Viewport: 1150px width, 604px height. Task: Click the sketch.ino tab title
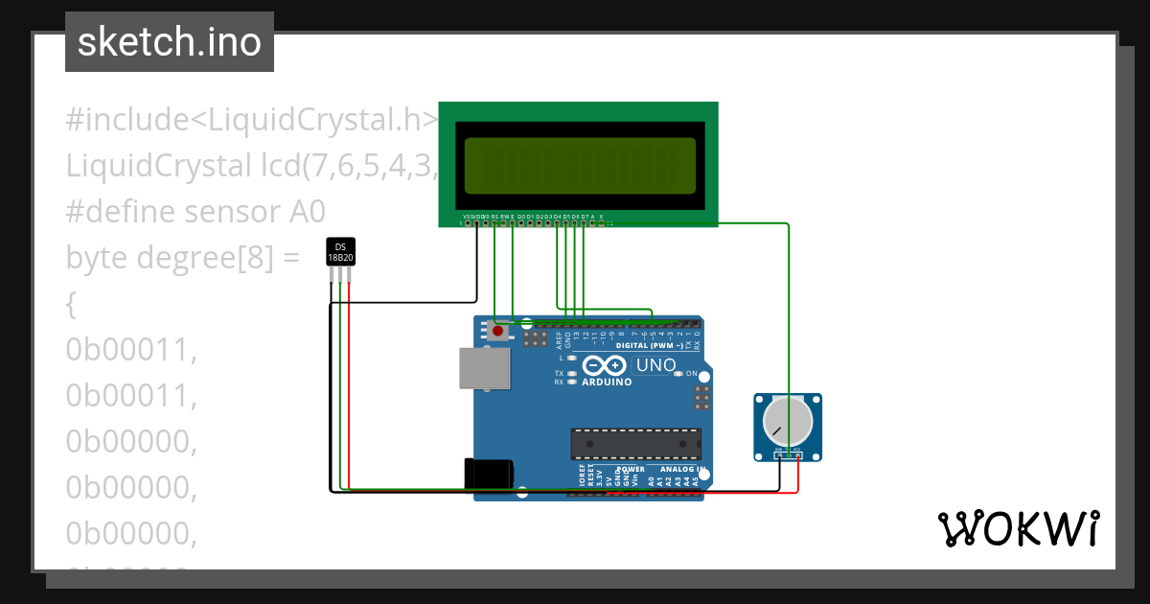(169, 42)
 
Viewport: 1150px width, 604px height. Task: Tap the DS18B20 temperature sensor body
(340, 252)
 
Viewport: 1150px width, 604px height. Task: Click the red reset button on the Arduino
(497, 332)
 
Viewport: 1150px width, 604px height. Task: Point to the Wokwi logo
(1018, 529)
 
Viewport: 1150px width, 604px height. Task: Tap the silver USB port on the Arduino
(484, 368)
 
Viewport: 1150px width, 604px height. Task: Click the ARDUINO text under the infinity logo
(608, 382)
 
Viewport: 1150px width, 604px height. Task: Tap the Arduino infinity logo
(605, 365)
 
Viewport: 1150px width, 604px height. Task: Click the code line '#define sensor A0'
(195, 212)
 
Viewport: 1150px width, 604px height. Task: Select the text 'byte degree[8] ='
(183, 258)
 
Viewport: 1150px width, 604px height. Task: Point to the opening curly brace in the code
(70, 305)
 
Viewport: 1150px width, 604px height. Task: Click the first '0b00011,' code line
(131, 350)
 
